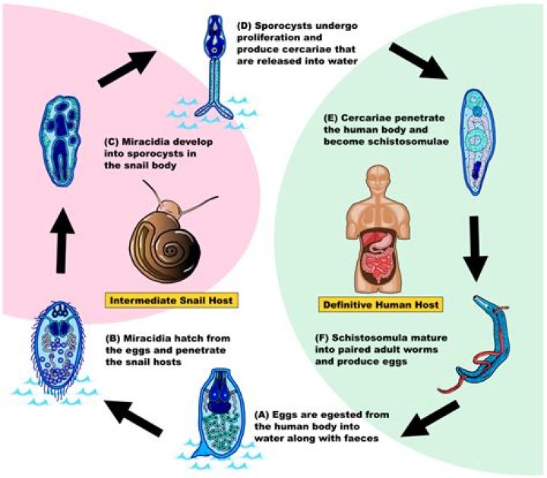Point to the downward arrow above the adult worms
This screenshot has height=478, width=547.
[486, 247]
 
